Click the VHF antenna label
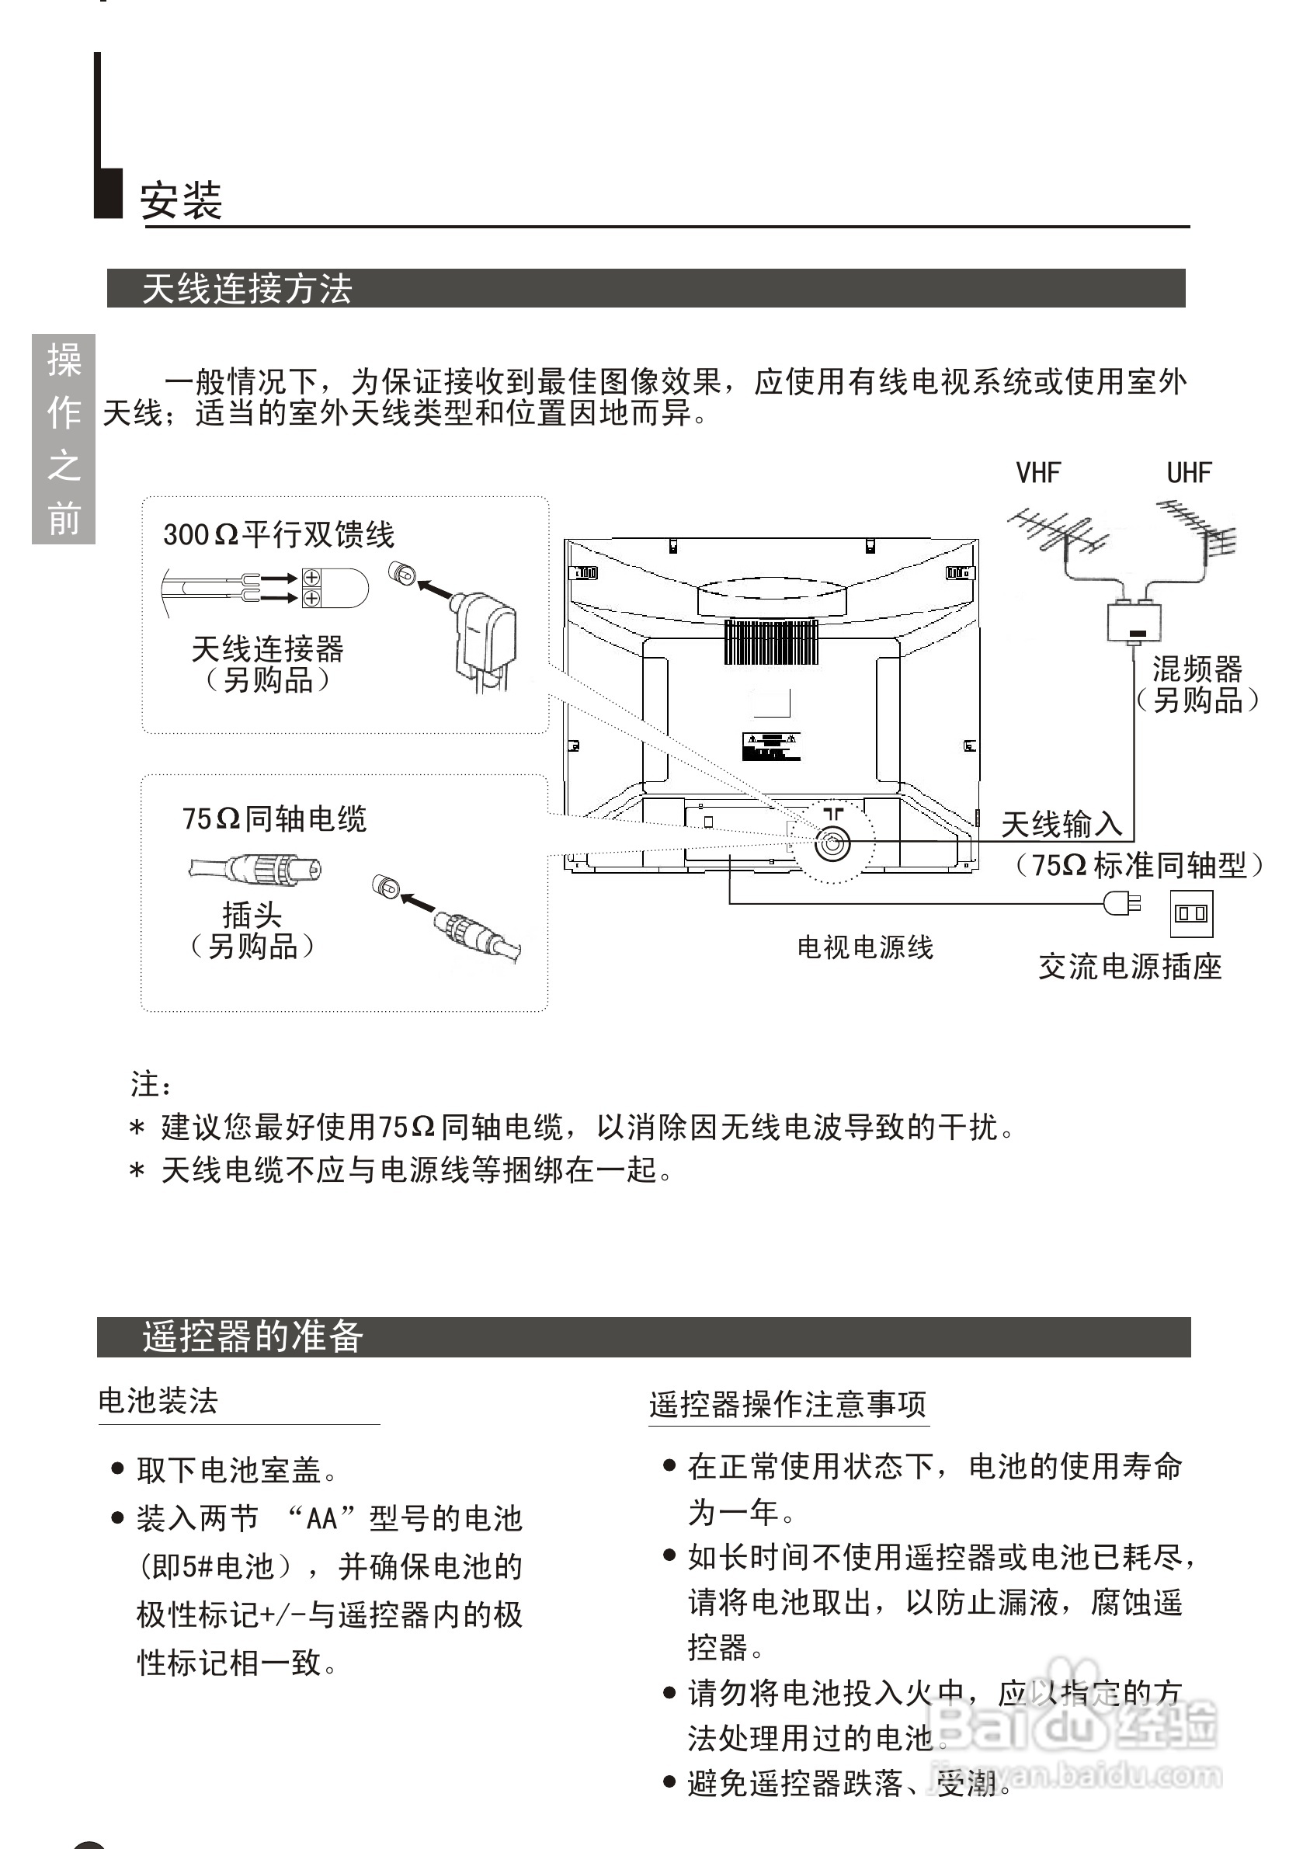click(x=1038, y=473)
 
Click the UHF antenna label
click(x=1189, y=473)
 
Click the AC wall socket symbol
click(x=1191, y=913)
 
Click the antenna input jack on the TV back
click(x=831, y=844)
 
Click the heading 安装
click(x=181, y=200)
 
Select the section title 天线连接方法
click(x=247, y=288)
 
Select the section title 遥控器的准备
click(x=253, y=1336)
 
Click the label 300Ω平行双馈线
click(x=279, y=534)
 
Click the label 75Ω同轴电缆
click(x=274, y=819)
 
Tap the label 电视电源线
click(x=865, y=947)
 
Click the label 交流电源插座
click(x=1130, y=966)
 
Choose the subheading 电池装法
click(x=158, y=1401)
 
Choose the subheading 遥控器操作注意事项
click(x=787, y=1405)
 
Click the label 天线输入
click(x=1062, y=825)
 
